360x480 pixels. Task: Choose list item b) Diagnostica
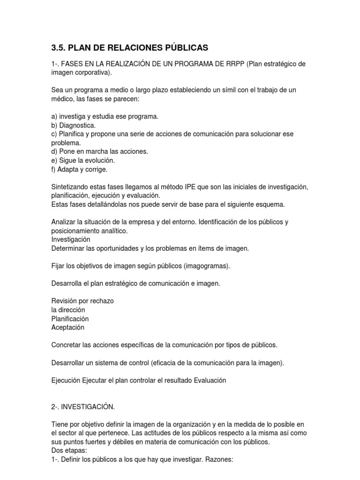[73, 125]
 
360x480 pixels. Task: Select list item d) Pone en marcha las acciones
[99, 151]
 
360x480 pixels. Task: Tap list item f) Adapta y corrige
[79, 169]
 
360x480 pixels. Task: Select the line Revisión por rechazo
[82, 301]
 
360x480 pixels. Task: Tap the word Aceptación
[67, 327]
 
